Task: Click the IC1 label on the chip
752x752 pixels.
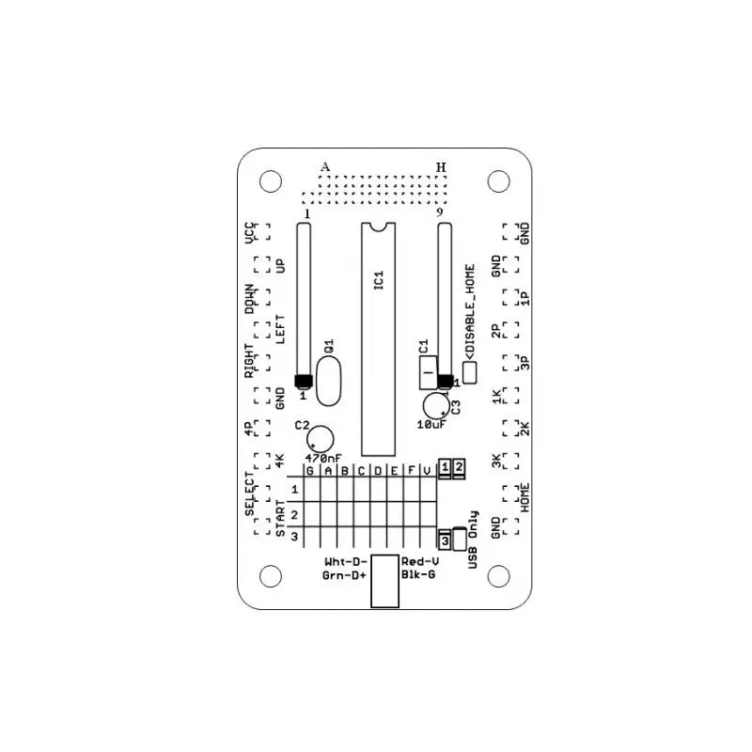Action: click(378, 280)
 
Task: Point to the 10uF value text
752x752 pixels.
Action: click(431, 425)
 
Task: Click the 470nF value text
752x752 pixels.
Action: click(323, 458)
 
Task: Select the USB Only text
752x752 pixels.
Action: click(473, 540)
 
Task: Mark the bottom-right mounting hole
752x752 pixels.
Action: click(499, 574)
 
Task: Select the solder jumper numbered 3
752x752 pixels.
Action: click(445, 540)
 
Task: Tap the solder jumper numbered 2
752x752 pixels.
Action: click(459, 466)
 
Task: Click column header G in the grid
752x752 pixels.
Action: click(309, 470)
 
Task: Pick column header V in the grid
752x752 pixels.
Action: click(427, 470)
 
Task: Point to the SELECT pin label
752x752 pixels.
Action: click(250, 493)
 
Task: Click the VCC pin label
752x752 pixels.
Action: click(250, 232)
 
